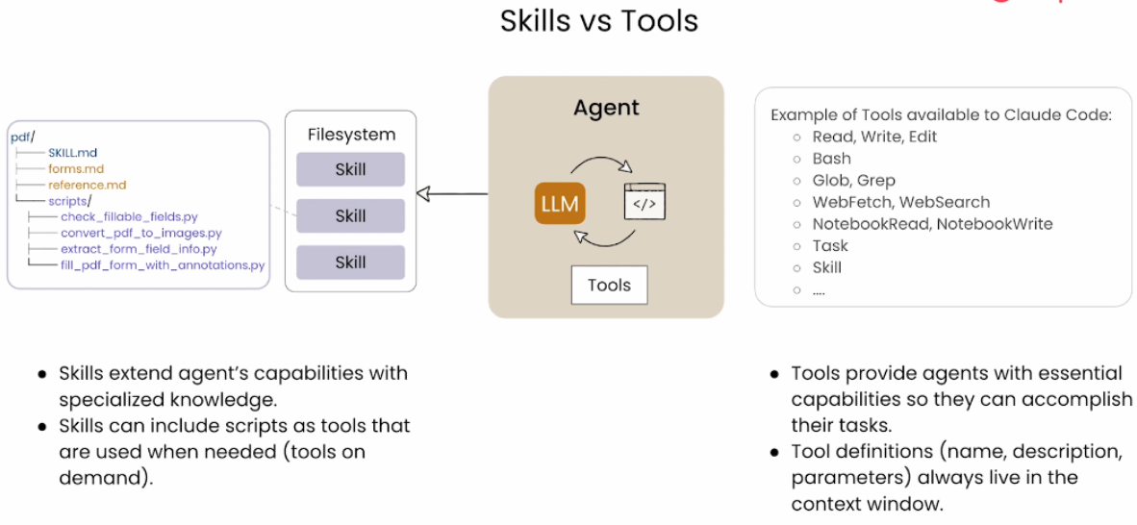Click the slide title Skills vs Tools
click(x=598, y=20)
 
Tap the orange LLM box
click(x=561, y=203)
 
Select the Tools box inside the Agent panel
click(x=609, y=285)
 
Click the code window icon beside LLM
click(x=644, y=202)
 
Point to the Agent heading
click(x=606, y=108)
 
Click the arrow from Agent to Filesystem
click(x=452, y=194)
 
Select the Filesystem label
click(x=351, y=135)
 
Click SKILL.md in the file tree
click(x=73, y=153)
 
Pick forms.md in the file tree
click(x=76, y=169)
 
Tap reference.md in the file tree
click(x=88, y=185)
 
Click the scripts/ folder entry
click(x=70, y=201)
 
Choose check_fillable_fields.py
click(x=129, y=217)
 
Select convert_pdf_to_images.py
click(x=141, y=233)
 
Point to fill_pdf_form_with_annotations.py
click(x=163, y=264)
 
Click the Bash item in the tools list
click(x=832, y=159)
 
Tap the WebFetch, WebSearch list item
click(x=900, y=202)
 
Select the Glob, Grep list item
click(x=853, y=180)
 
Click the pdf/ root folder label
click(x=22, y=137)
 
